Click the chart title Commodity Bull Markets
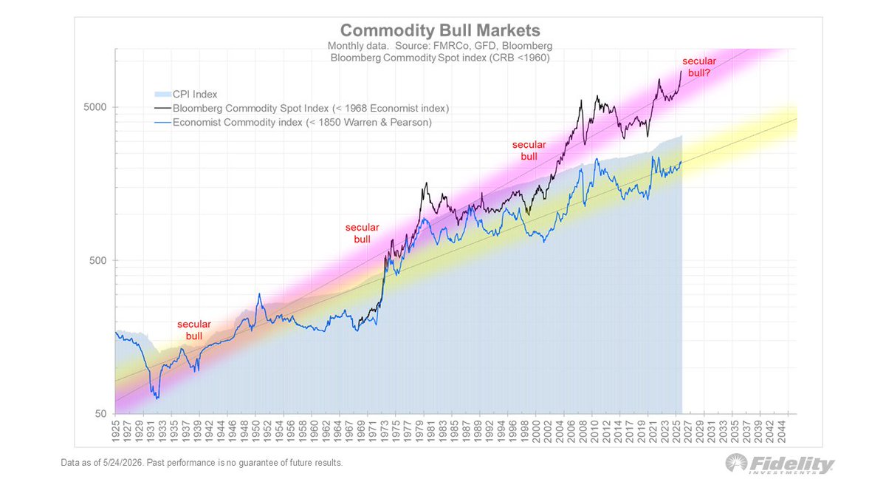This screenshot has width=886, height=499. click(440, 30)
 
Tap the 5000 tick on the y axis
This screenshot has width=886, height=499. click(95, 107)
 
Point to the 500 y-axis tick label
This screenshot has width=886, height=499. click(98, 260)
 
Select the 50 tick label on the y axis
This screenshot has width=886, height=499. click(101, 414)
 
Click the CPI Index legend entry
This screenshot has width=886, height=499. click(185, 95)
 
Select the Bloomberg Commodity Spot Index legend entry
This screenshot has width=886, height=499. click(301, 108)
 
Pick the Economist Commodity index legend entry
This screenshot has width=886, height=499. click(292, 123)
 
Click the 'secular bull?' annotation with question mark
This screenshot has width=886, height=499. click(699, 67)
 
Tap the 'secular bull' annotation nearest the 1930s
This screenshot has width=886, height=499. click(193, 330)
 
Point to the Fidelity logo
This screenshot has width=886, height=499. click(780, 464)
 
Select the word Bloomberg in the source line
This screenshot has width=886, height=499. click(527, 46)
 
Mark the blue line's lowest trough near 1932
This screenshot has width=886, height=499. click(157, 398)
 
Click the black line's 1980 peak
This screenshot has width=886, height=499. click(426, 183)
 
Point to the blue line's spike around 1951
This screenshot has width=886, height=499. click(259, 293)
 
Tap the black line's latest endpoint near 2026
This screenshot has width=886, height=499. click(681, 71)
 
